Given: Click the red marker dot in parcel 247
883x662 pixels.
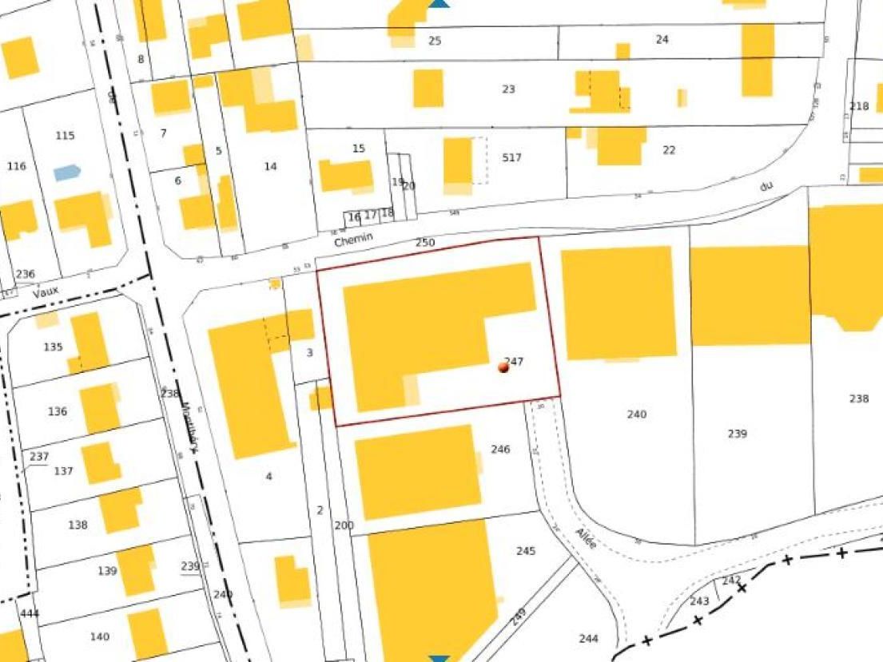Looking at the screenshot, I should point(503,367).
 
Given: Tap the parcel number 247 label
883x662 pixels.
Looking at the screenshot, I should point(514,362).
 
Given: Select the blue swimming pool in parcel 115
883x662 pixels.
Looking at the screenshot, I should point(67,172).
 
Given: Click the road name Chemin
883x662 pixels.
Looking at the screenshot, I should point(354,240).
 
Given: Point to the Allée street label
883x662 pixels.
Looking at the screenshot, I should point(586,540).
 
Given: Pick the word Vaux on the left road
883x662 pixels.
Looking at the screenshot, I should point(46,291).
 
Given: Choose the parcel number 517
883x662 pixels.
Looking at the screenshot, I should point(511,157).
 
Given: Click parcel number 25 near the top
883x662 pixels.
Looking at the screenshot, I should point(435,40).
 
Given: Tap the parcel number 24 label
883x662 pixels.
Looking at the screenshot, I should point(662,39).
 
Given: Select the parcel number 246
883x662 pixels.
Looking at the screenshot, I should point(500,449).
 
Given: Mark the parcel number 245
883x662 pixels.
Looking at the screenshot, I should point(526,551).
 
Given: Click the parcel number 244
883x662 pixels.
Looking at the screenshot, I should point(588,638).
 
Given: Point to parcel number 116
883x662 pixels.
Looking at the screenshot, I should point(16,166).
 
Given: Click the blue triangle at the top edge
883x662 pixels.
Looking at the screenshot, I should point(439,4).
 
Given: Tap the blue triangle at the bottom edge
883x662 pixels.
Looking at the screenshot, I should point(439,658).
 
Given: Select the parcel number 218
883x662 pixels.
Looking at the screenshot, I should point(859,106).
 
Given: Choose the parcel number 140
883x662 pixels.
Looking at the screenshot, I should point(100,636).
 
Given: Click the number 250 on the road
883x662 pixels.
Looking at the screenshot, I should point(425,241).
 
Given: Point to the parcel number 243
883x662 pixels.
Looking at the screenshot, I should point(699,601).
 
